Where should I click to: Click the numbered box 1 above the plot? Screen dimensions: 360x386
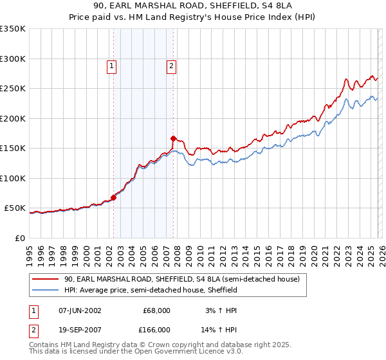112,65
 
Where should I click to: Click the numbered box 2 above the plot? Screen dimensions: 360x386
172,65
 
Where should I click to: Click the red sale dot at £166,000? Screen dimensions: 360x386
173,138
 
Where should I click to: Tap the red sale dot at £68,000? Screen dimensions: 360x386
113,197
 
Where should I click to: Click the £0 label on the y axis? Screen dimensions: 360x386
19,238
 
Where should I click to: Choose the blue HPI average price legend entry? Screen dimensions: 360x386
151,291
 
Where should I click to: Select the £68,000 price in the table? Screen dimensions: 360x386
156,310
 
